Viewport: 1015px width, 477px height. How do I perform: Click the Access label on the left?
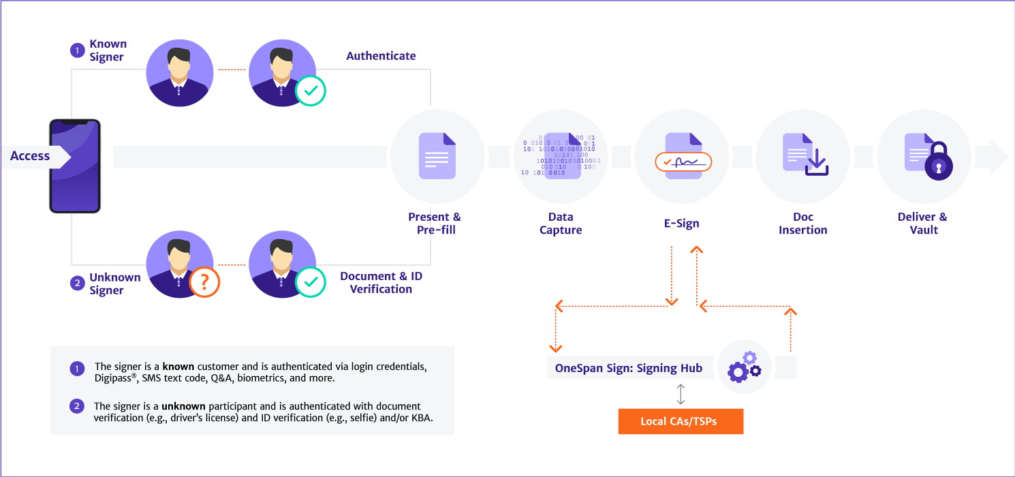[30, 156]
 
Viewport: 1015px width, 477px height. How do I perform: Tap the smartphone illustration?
[75, 166]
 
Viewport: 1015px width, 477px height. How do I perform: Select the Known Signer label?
[108, 50]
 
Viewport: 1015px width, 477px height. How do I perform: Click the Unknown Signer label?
[114, 283]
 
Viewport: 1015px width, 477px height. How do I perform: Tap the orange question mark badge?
[204, 281]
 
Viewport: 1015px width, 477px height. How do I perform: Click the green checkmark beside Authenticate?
[311, 90]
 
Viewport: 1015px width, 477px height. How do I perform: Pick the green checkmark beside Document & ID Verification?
[311, 281]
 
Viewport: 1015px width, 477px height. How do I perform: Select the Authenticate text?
[381, 56]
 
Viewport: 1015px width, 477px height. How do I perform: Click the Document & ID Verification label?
[381, 283]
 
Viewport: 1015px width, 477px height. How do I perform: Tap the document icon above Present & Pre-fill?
[437, 156]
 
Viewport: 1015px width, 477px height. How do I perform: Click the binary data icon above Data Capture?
[559, 156]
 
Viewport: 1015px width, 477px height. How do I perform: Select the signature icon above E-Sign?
[683, 161]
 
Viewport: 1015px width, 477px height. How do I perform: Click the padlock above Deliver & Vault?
[937, 161]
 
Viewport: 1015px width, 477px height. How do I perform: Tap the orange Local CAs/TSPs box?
[681, 421]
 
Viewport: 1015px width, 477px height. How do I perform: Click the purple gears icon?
[744, 367]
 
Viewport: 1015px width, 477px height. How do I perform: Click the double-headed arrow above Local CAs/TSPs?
[681, 395]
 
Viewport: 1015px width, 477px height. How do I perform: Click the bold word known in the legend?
[178, 367]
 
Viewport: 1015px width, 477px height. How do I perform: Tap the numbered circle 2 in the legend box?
[77, 406]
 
